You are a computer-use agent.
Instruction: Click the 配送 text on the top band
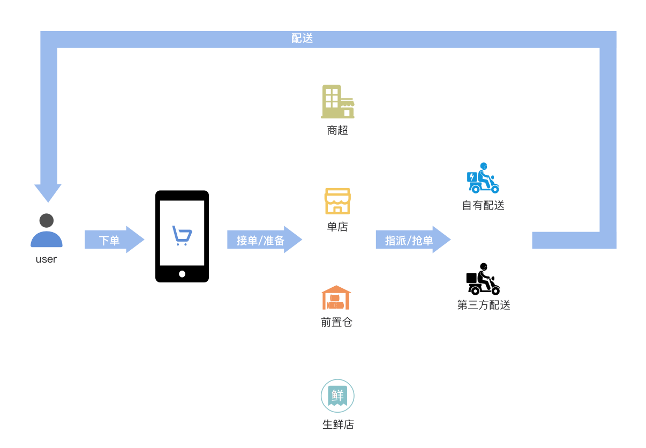(302, 39)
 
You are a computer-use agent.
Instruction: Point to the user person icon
(47, 230)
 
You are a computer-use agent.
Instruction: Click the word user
(46, 259)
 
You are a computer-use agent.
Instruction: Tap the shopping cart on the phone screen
(182, 235)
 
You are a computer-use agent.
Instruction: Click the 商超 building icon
(337, 101)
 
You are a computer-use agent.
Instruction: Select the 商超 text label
(337, 130)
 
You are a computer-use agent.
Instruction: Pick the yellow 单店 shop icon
(337, 201)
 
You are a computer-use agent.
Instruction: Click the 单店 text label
(337, 227)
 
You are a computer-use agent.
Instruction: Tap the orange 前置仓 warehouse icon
(336, 297)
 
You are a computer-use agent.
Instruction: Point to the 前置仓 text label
(336, 323)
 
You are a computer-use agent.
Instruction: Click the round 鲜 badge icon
(337, 396)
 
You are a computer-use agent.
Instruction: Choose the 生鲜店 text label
(338, 425)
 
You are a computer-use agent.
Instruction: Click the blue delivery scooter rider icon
(483, 178)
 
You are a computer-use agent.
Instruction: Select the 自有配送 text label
(483, 206)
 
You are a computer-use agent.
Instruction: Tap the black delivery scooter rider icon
(483, 279)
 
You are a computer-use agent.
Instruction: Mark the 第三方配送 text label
(484, 305)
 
